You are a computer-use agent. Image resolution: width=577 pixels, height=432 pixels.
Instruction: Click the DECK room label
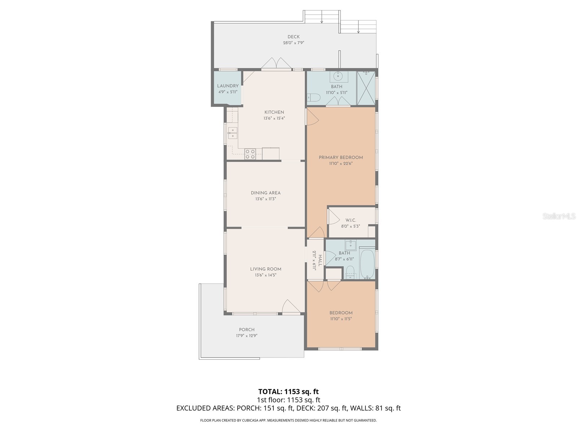[293, 37]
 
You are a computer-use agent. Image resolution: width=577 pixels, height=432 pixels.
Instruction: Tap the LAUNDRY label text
[228, 86]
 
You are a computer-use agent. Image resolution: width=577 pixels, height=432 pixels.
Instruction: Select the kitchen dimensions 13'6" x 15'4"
[274, 118]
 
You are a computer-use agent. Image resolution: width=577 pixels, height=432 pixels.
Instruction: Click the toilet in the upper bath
[313, 98]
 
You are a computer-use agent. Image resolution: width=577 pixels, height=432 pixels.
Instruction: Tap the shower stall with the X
[366, 88]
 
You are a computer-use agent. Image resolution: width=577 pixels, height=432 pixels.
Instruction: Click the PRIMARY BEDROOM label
[341, 157]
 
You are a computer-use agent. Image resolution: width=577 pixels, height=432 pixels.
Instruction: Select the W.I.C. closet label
[351, 220]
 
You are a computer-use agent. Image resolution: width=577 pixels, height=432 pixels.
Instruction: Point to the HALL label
[320, 260]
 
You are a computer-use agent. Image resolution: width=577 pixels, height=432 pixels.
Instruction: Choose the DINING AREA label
[265, 193]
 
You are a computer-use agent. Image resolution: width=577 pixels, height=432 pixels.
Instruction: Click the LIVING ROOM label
[265, 269]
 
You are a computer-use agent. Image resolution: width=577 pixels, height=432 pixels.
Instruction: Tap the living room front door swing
[291, 306]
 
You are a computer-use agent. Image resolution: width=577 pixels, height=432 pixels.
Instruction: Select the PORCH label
[247, 330]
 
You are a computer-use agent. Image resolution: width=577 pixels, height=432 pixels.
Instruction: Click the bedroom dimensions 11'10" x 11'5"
[341, 319]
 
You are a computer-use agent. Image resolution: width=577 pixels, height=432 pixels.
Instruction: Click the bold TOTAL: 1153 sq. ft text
[288, 391]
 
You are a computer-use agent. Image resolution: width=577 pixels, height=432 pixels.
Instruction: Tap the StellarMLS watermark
[559, 216]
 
